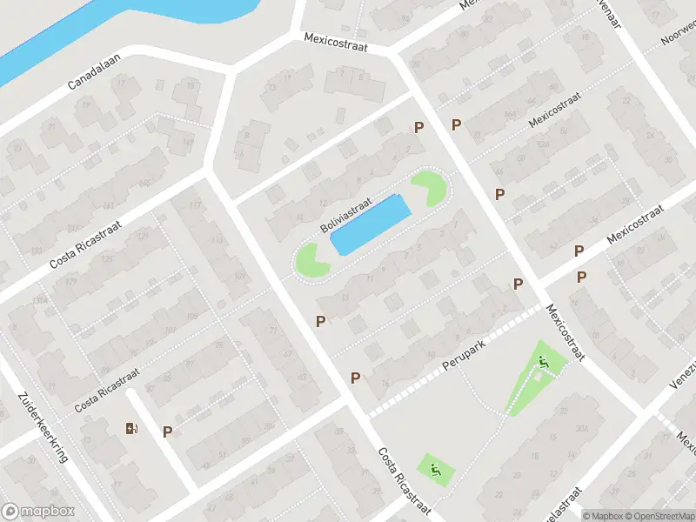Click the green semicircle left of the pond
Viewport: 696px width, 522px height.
pos(310,260)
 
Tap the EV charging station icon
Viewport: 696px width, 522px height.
pos(131,427)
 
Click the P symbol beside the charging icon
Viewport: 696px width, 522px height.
pos(167,431)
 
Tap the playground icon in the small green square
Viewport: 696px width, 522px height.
pos(436,471)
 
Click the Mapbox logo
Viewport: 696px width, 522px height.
pos(38,512)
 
